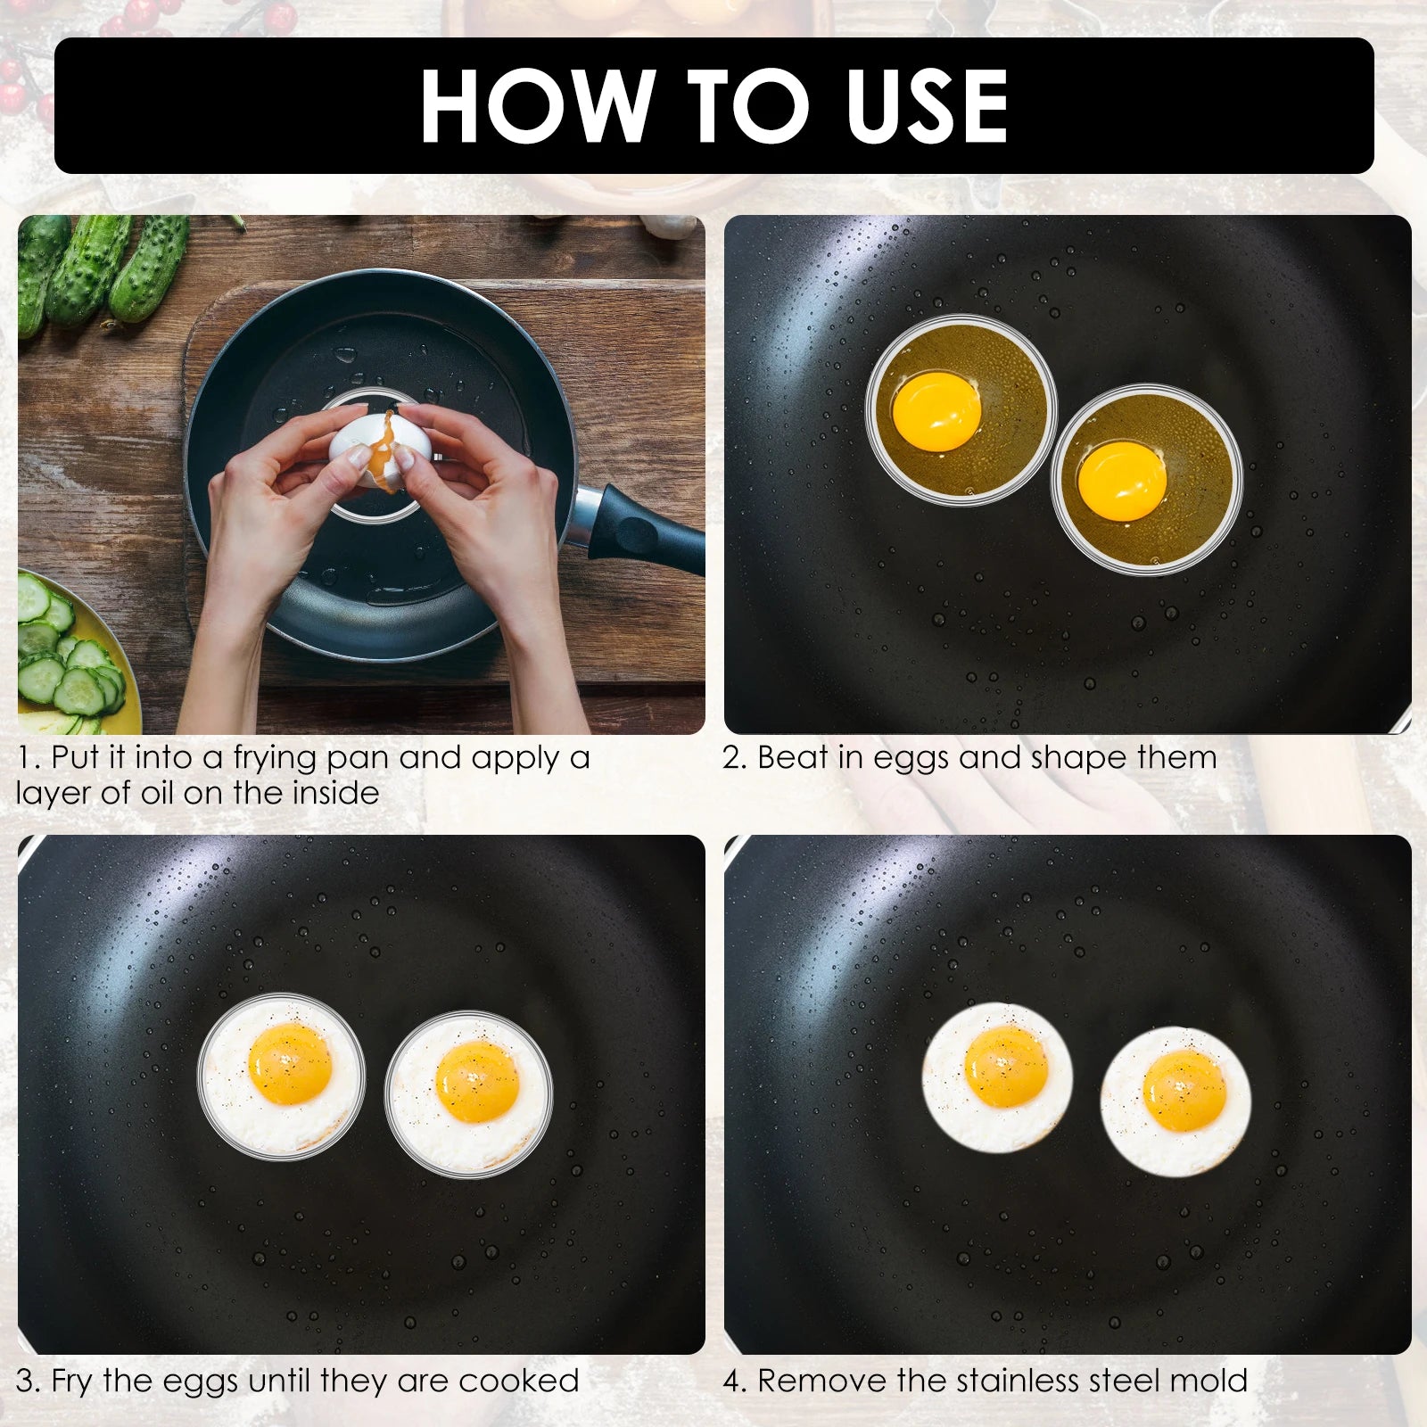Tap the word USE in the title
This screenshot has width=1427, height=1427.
point(928,106)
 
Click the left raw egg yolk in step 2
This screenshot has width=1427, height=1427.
point(936,411)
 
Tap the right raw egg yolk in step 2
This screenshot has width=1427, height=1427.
point(1122,481)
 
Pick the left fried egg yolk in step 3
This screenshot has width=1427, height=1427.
point(290,1063)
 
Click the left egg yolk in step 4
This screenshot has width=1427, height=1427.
point(1006,1067)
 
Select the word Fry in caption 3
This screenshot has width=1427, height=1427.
point(72,1381)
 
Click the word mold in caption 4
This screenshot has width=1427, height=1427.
point(1208,1381)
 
